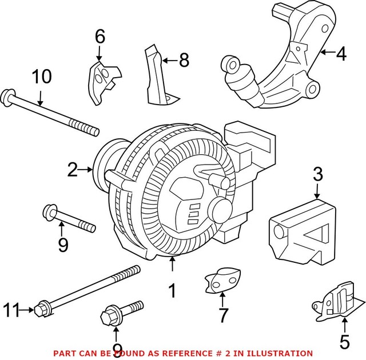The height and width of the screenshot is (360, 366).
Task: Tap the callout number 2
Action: click(73, 169)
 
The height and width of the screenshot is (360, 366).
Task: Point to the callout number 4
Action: click(341, 54)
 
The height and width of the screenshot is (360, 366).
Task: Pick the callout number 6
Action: click(100, 37)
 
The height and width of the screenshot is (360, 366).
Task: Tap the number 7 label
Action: click(222, 314)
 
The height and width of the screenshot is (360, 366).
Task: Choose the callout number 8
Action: click(184, 60)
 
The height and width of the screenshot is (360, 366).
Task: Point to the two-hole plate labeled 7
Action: click(220, 279)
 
